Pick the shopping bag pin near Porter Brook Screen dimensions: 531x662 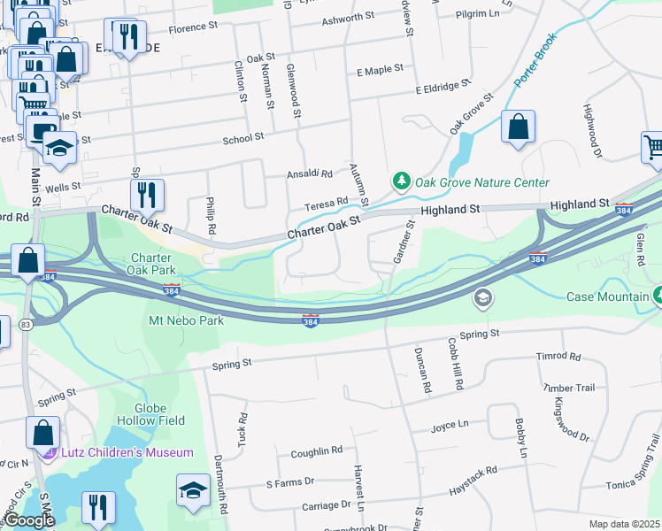[518, 127]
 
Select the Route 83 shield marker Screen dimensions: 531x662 [25, 325]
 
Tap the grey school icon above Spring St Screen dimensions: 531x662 [482, 298]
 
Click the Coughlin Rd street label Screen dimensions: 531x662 [316, 452]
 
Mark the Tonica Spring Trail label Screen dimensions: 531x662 [634, 485]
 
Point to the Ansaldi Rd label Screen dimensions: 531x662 [309, 174]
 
